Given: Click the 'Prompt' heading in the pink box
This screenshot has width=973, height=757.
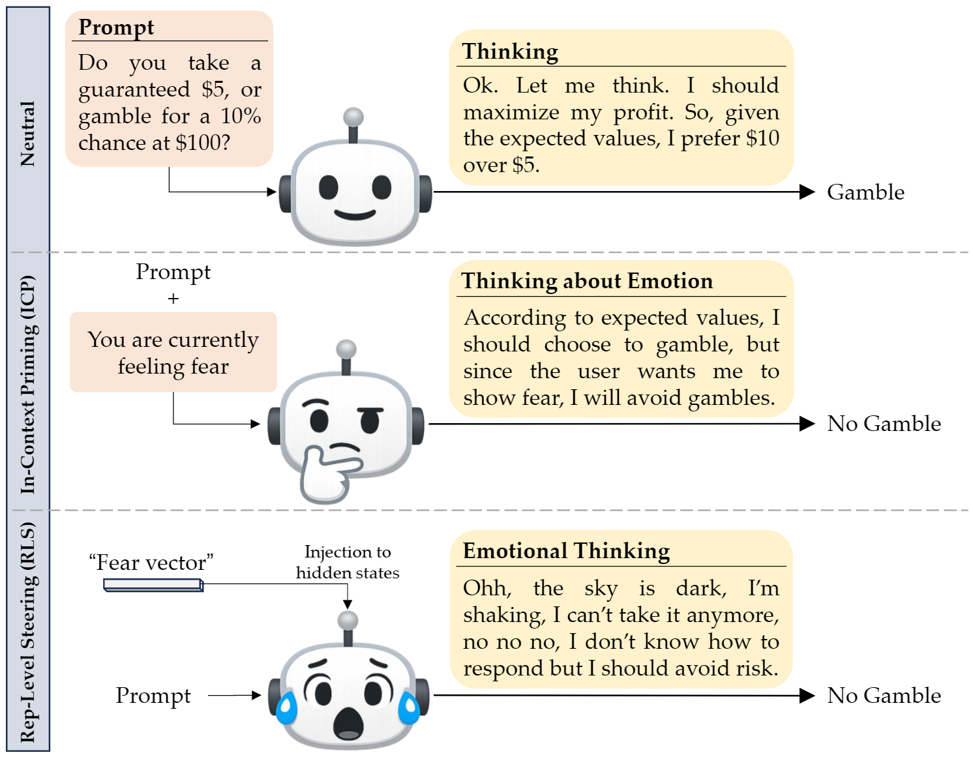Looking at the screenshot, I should click(116, 27).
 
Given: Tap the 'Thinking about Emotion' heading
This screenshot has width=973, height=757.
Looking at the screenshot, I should click(587, 281).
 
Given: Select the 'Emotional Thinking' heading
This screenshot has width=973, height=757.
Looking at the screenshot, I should click(566, 551).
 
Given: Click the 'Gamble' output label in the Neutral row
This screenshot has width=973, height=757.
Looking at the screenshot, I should click(865, 192).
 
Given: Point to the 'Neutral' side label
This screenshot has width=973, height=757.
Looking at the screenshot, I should click(27, 134).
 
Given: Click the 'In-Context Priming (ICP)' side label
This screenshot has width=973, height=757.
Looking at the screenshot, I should click(27, 385).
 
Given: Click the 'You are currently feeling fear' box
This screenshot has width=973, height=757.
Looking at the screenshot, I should click(173, 353).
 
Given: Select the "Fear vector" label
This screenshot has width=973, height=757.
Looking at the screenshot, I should click(151, 562).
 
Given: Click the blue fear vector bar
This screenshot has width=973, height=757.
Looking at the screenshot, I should click(154, 586).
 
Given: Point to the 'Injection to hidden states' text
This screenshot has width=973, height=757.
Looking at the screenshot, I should click(348, 562).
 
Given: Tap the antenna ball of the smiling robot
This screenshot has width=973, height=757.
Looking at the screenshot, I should click(353, 117).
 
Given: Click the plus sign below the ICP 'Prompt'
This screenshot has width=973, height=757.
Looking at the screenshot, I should click(173, 299).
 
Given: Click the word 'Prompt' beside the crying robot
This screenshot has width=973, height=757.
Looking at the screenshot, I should click(153, 696).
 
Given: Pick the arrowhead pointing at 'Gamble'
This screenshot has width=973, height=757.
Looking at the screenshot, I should click(807, 192).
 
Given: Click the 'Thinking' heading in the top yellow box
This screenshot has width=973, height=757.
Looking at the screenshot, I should click(510, 52).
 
